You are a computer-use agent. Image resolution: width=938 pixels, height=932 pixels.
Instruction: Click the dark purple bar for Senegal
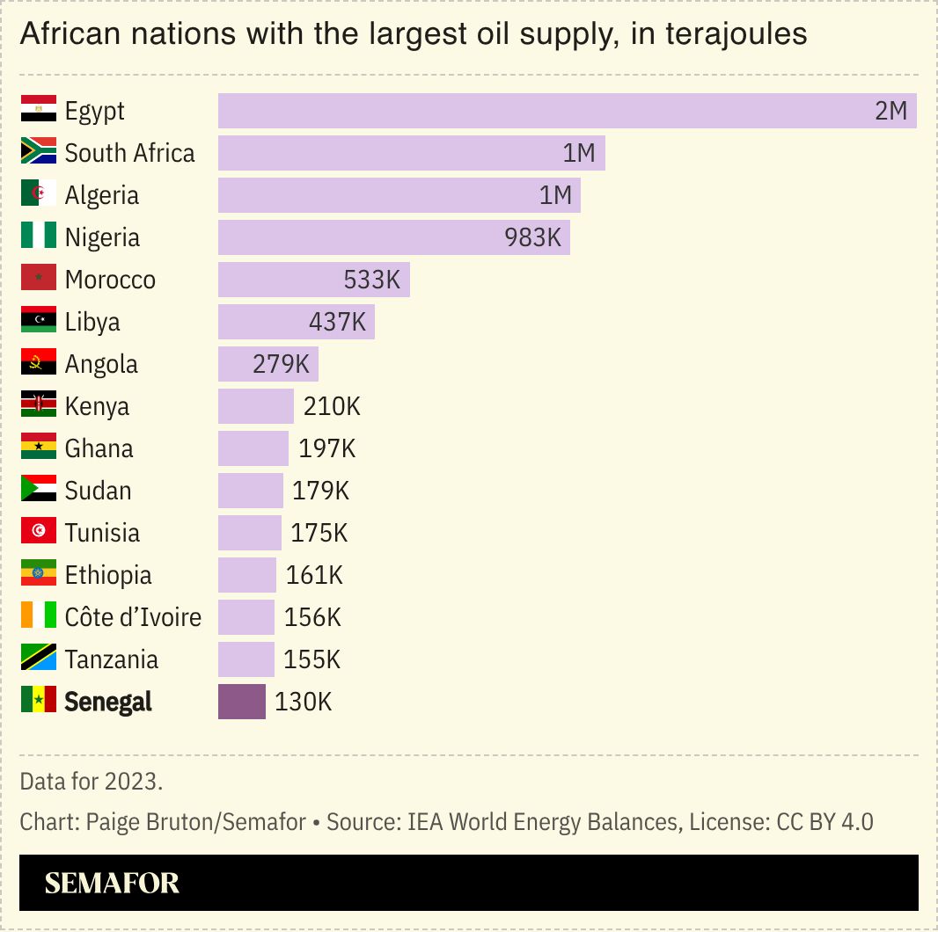pyautogui.click(x=241, y=702)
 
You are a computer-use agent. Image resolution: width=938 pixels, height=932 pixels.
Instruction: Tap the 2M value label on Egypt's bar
pyautogui.click(x=890, y=111)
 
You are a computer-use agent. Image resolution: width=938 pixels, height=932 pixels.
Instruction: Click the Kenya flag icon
pyautogui.click(x=39, y=405)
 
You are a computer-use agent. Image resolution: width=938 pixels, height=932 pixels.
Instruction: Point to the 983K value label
pyautogui.click(x=532, y=237)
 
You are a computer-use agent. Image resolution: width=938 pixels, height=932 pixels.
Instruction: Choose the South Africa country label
pyautogui.click(x=129, y=153)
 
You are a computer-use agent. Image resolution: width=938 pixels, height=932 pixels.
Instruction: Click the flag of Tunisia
pyautogui.click(x=39, y=532)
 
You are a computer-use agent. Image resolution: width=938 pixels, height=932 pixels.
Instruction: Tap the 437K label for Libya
pyautogui.click(x=337, y=322)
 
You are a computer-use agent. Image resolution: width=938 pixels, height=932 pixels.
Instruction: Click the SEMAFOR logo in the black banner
pyautogui.click(x=112, y=883)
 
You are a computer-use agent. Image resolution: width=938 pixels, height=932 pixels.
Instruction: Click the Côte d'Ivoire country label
pyautogui.click(x=133, y=617)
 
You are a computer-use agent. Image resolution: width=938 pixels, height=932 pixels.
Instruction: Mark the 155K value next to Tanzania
pyautogui.click(x=311, y=659)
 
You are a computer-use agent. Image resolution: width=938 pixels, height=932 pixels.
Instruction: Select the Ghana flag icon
pyautogui.click(x=39, y=448)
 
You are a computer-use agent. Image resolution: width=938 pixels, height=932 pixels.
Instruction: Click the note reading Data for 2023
pyautogui.click(x=91, y=781)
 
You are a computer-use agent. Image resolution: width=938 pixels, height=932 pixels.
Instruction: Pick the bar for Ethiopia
pyautogui.click(x=246, y=575)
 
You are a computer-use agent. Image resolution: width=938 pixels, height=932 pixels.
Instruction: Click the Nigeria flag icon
pyautogui.click(x=39, y=237)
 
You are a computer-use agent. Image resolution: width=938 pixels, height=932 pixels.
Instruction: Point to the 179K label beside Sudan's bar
pyautogui.click(x=321, y=491)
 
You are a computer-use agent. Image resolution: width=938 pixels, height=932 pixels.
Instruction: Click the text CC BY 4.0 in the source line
pyautogui.click(x=825, y=823)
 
